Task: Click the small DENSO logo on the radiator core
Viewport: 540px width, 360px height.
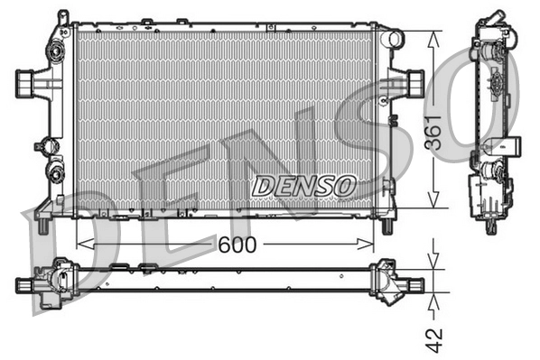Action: pyautogui.click(x=303, y=187)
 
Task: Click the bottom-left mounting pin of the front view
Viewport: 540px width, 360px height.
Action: pyautogui.click(x=58, y=223)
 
